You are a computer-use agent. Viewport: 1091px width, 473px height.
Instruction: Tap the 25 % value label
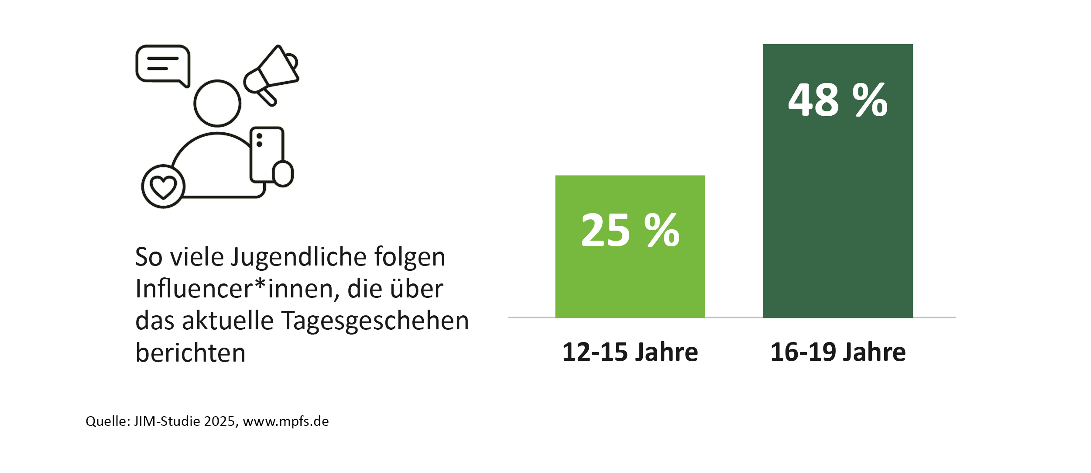click(x=630, y=230)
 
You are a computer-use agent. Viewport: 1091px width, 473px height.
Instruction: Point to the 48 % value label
click(x=838, y=100)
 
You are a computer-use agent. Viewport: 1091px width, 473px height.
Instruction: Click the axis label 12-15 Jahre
click(x=630, y=352)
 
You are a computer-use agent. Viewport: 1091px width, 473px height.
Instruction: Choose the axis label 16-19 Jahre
click(x=838, y=352)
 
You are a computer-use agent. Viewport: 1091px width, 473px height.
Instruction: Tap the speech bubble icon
click(x=163, y=65)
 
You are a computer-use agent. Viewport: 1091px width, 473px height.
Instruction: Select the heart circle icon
click(x=163, y=186)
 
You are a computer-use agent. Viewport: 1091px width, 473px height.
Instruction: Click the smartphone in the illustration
click(x=266, y=155)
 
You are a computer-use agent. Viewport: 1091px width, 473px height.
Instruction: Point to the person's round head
click(x=217, y=103)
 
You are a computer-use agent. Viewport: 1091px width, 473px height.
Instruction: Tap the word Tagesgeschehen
click(x=375, y=321)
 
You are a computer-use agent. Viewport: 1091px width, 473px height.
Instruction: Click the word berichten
click(x=190, y=353)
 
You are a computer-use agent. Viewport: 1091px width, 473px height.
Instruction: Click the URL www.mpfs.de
click(x=286, y=421)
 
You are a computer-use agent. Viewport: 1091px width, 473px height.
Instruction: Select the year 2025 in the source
click(x=221, y=421)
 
